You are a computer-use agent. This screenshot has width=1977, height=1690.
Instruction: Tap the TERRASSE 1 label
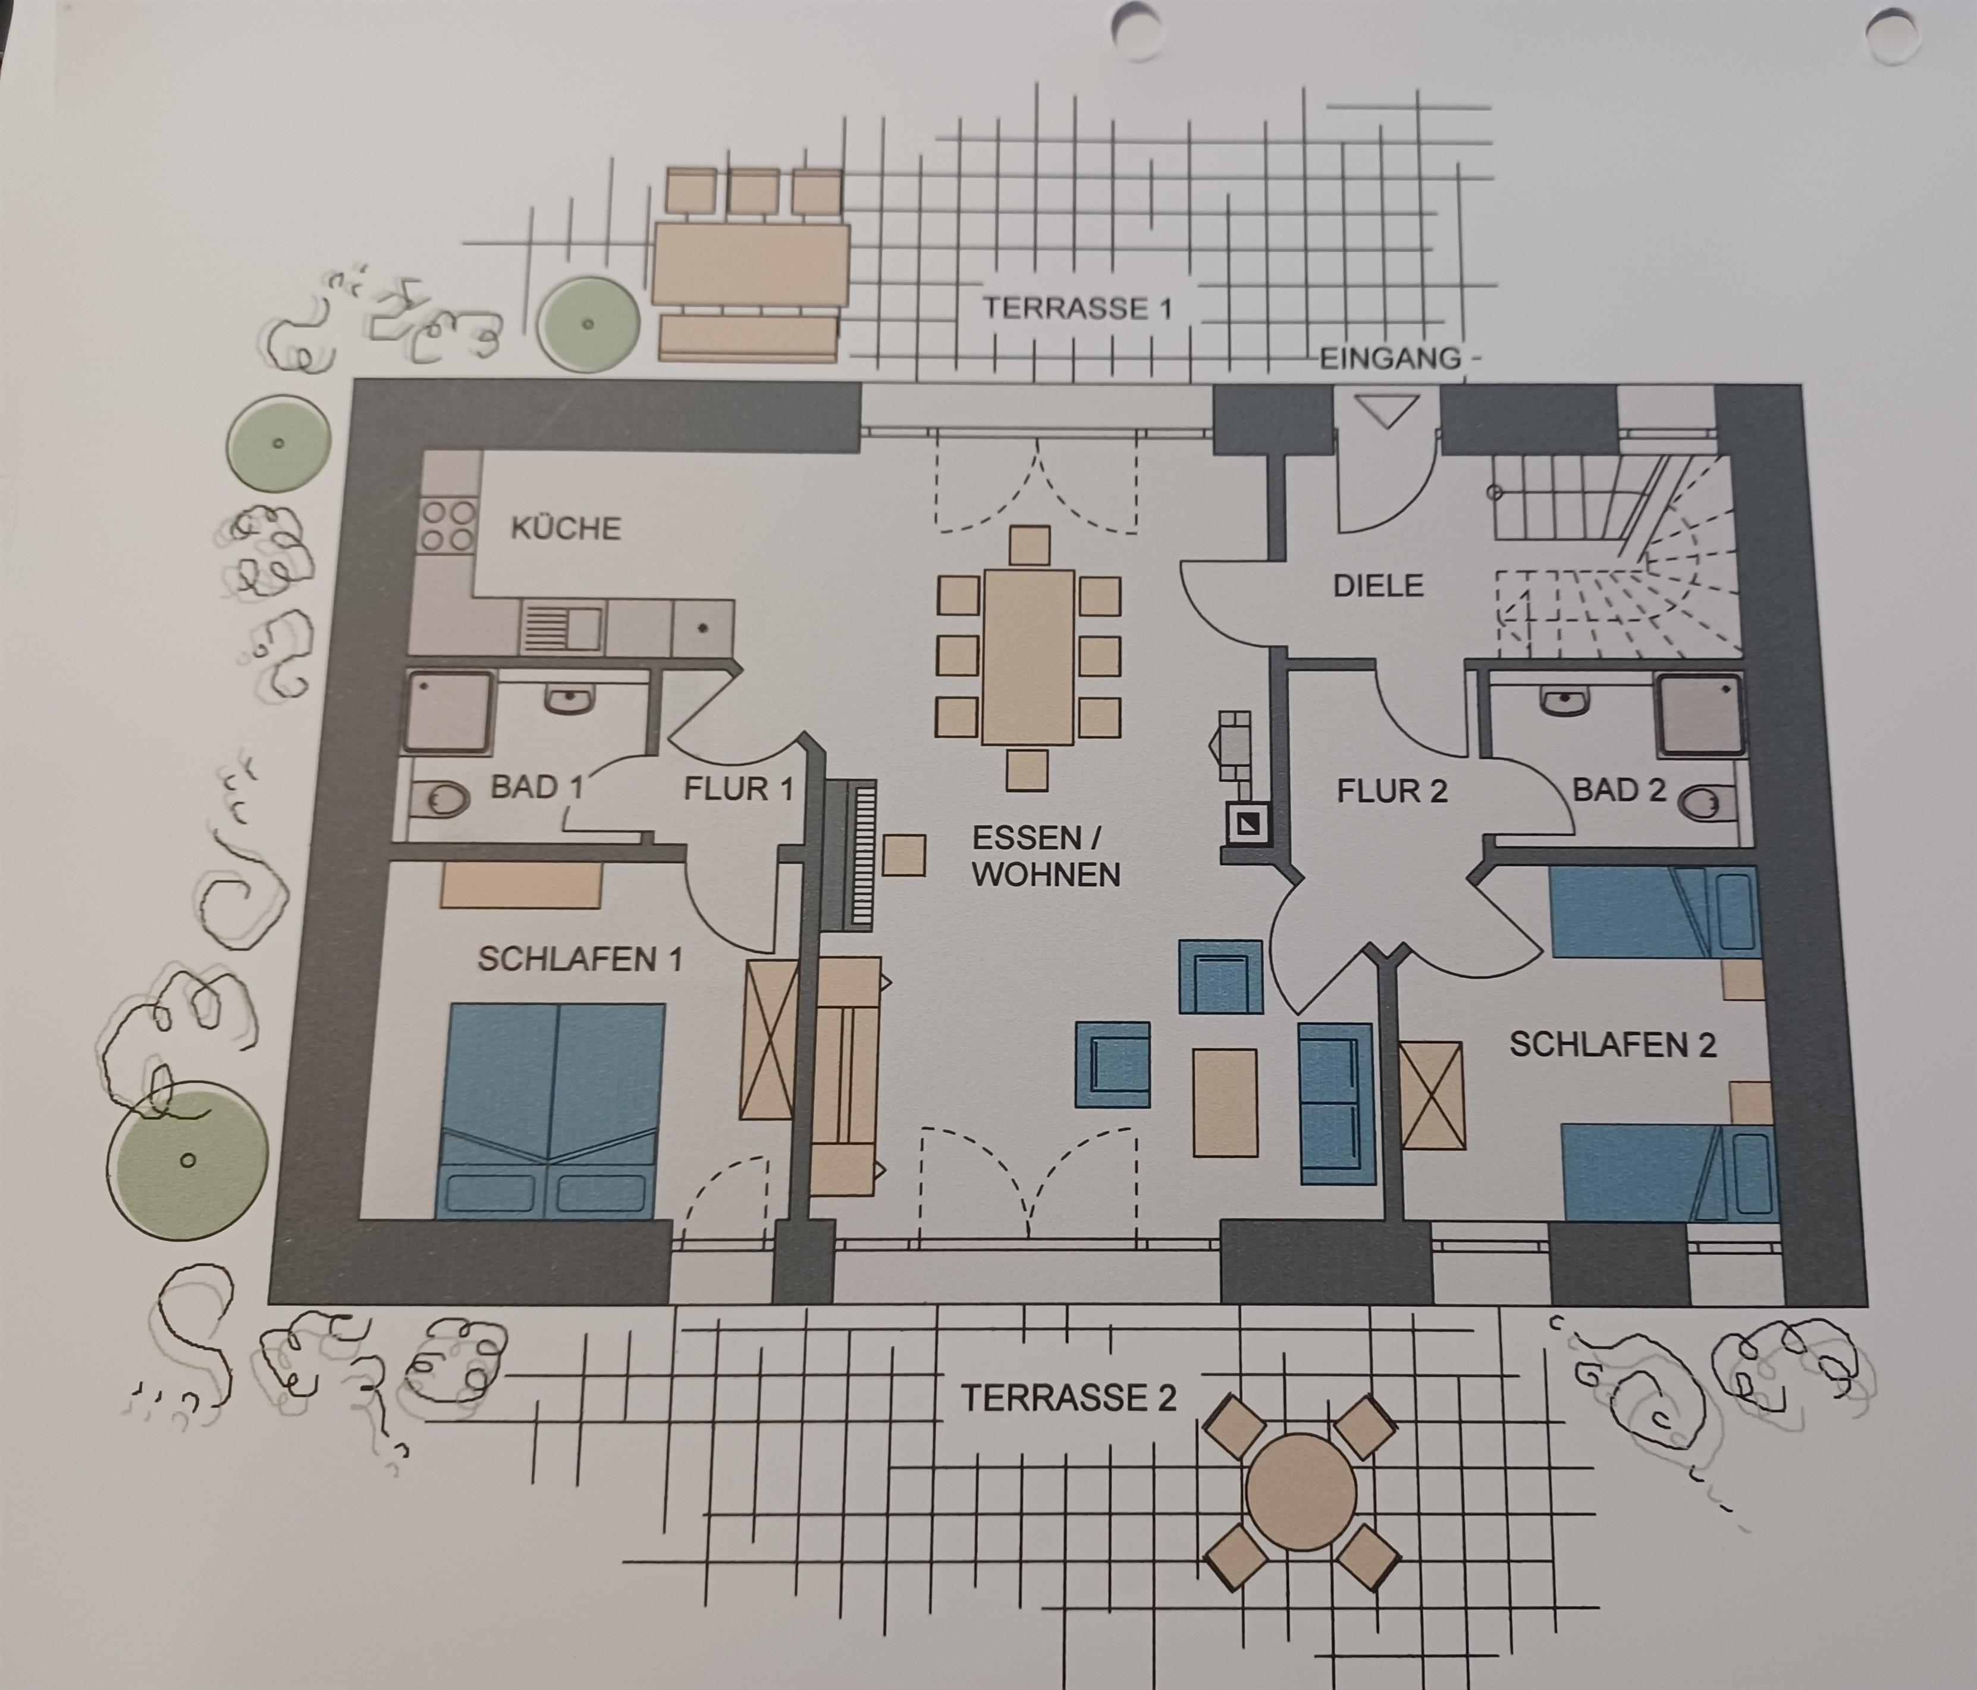1077,308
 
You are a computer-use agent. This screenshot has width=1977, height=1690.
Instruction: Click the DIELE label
1378,585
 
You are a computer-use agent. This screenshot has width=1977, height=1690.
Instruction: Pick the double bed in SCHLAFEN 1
551,1110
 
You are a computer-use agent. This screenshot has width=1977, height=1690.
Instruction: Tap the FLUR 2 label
1392,791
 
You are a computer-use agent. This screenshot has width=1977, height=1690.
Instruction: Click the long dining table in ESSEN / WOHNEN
1028,657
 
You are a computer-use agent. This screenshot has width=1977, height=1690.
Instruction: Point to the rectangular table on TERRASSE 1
751,264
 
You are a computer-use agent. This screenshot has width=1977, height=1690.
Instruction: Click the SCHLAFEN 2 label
1612,1045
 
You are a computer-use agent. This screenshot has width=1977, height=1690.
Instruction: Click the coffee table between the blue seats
1225,1103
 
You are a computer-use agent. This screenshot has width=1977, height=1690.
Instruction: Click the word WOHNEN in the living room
1047,875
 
